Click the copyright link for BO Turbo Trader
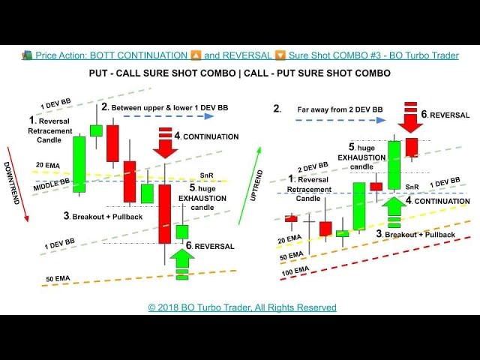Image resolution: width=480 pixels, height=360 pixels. [242, 307]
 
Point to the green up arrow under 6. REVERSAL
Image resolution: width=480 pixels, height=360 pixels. [182, 265]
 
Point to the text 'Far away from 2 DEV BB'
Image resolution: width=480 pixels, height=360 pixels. [335, 108]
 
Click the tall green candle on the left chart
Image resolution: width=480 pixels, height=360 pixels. [79, 163]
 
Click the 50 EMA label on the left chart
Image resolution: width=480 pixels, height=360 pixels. [58, 279]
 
